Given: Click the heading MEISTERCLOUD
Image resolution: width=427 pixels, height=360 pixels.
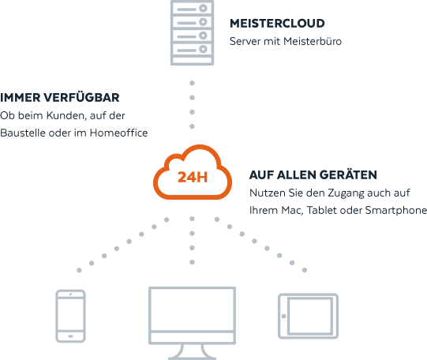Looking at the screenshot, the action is pyautogui.click(x=277, y=24).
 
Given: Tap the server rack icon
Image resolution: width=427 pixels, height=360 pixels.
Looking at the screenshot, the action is pyautogui.click(x=192, y=32).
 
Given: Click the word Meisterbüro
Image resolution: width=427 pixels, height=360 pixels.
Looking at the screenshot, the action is pyautogui.click(x=313, y=41).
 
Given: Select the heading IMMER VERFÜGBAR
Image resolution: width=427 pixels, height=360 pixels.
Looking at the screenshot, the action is pyautogui.click(x=60, y=97).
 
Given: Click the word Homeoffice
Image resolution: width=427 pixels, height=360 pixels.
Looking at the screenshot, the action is pyautogui.click(x=118, y=133).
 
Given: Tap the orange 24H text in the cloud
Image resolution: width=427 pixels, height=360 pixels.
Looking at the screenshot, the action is pyautogui.click(x=193, y=177).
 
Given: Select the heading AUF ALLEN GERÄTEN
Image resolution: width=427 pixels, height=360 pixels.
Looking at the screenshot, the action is pyautogui.click(x=313, y=174).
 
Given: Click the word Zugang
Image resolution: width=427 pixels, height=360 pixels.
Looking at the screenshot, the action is pyautogui.click(x=346, y=193).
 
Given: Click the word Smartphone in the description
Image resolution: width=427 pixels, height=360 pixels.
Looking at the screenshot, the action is pyautogui.click(x=395, y=211).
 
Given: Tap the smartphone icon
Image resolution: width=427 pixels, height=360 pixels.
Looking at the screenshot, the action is pyautogui.click(x=70, y=316).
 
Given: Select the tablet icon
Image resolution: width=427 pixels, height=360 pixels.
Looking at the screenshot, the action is pyautogui.click(x=308, y=316).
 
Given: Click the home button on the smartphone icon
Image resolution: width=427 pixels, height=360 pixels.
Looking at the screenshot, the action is pyautogui.click(x=70, y=336).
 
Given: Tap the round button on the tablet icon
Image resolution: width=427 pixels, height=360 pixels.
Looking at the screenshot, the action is pyautogui.click(x=284, y=316).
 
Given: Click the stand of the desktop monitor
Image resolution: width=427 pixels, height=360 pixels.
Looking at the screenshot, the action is pyautogui.click(x=192, y=353).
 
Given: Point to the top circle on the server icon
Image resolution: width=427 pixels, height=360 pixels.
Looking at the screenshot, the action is pyautogui.click(x=203, y=8).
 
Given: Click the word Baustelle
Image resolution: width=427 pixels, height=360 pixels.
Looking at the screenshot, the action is pyautogui.click(x=23, y=133).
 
